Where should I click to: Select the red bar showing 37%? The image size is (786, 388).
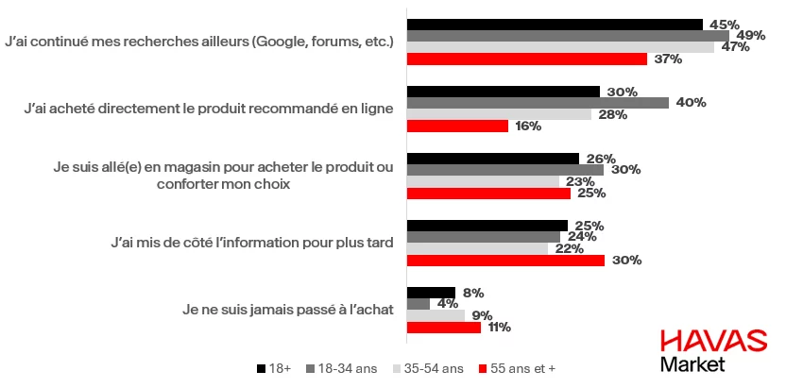click(526, 59)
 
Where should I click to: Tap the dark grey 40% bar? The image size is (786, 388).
click(537, 103)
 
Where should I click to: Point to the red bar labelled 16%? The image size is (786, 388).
click(457, 126)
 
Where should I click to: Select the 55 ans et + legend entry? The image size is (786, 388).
click(522, 367)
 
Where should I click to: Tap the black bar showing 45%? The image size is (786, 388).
click(555, 25)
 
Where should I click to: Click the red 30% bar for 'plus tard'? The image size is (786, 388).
click(505, 261)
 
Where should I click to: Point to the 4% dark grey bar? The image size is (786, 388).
click(418, 304)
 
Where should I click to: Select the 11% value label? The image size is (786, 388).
click(500, 328)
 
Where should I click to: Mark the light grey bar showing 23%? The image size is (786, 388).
click(483, 181)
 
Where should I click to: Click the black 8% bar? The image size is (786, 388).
click(431, 293)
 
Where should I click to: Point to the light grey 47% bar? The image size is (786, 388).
click(560, 47)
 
